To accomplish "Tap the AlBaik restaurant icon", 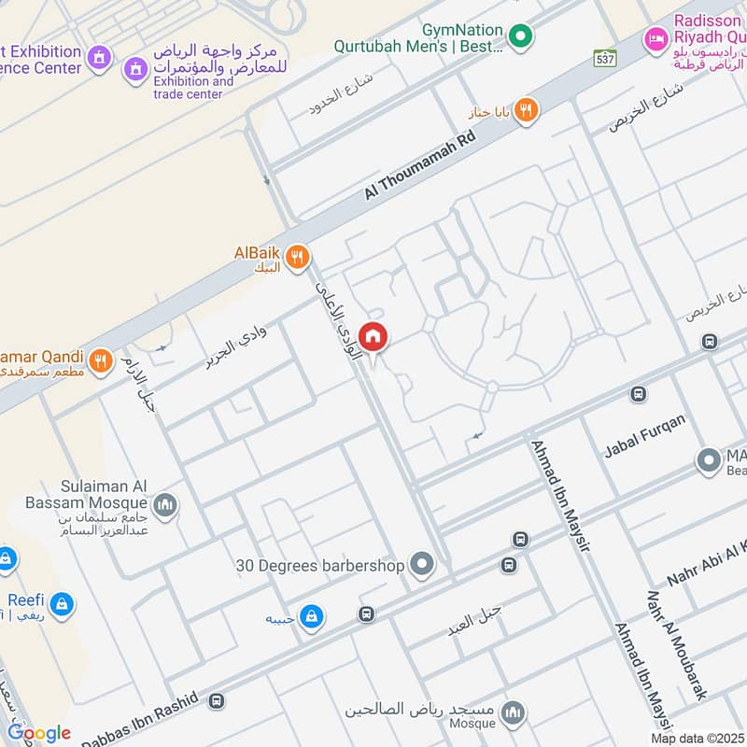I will tap(298, 257).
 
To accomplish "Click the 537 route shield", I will tap(605, 58).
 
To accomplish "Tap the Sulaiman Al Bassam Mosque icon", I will tap(165, 505).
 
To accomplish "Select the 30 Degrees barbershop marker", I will tap(423, 565).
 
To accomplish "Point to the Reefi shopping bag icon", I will tap(62, 605).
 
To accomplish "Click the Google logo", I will tap(38, 733).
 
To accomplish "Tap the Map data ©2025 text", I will tap(698, 738).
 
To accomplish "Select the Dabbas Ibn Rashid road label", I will tap(140, 723).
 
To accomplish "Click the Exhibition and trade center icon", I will tap(136, 67).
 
